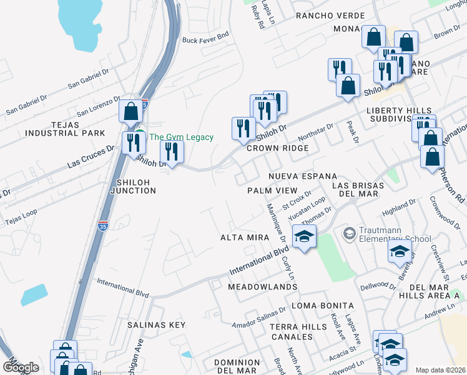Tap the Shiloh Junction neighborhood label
132,186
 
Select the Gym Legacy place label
182,137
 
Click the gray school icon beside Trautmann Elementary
350,234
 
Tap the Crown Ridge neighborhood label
277,148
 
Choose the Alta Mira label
245,237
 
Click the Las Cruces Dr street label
91,159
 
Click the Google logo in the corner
20,367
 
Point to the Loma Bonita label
323,306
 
